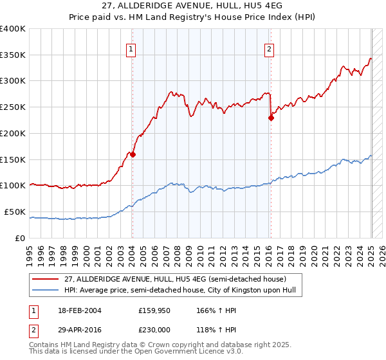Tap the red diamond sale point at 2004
133,154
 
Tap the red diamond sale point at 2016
271,118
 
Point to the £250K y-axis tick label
14,107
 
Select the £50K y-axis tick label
15,212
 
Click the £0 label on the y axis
22,238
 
